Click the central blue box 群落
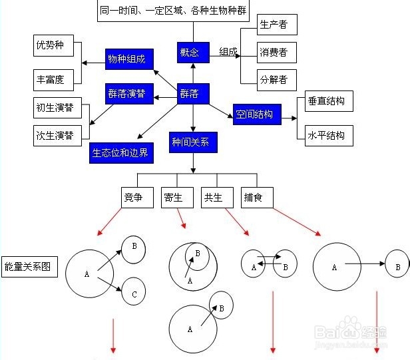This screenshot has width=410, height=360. pyautogui.click(x=193, y=94)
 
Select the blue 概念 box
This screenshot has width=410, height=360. pyautogui.click(x=193, y=52)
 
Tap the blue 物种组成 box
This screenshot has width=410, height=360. pyautogui.click(x=129, y=59)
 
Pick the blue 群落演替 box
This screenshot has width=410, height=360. pyautogui.click(x=129, y=93)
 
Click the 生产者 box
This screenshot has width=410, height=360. pyautogui.click(x=277, y=24)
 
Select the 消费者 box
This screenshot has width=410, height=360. pyautogui.click(x=277, y=52)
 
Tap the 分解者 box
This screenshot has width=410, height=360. pyautogui.click(x=277, y=80)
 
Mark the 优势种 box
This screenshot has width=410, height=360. pyautogui.click(x=57, y=47)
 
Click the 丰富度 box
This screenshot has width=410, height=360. pyautogui.click(x=57, y=80)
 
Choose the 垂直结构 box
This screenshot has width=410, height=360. pyautogui.click(x=329, y=102)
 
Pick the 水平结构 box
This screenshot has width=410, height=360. pyautogui.click(x=329, y=135)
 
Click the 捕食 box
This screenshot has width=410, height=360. pyautogui.click(x=257, y=197)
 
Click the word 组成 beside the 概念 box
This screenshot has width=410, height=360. pyautogui.click(x=229, y=52)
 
